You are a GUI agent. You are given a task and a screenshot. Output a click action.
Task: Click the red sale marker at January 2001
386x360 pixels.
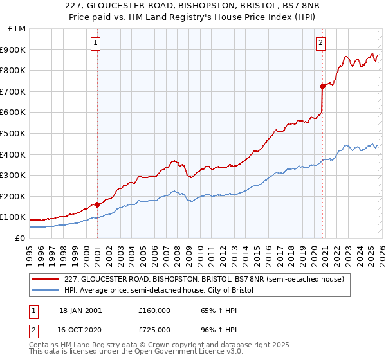pyautogui.click(x=97, y=204)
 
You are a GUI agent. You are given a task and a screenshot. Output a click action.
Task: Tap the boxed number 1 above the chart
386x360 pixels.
pyautogui.click(x=95, y=43)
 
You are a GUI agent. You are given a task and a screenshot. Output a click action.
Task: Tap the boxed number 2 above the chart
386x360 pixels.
pyautogui.click(x=320, y=43)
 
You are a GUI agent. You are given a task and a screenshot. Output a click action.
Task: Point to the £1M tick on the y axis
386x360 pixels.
pyautogui.click(x=15, y=29)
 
